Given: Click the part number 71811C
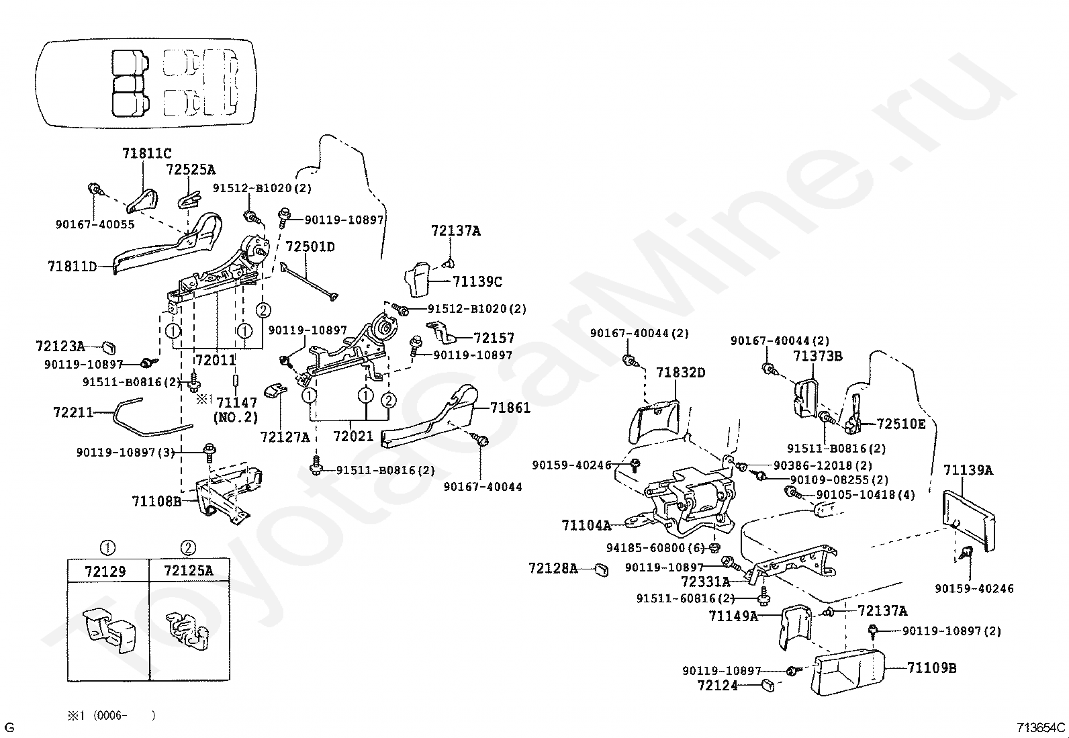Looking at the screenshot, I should click(146, 154).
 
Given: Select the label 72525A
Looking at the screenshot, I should click(191, 169).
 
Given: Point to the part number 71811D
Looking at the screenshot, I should click(72, 267).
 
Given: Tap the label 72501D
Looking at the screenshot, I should click(310, 246).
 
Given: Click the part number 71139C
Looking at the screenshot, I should click(477, 282).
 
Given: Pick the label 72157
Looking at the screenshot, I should click(494, 338).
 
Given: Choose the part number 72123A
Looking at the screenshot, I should click(60, 347).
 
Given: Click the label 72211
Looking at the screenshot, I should click(73, 412).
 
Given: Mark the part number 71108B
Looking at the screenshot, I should click(156, 501).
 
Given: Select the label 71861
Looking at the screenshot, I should click(510, 408).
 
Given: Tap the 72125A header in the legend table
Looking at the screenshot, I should click(189, 571).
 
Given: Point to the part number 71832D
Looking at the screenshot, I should click(680, 373).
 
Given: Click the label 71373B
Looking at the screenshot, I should click(817, 356).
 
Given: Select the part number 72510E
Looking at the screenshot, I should click(900, 424).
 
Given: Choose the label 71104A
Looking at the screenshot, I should click(586, 525).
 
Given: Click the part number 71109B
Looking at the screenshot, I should click(931, 668).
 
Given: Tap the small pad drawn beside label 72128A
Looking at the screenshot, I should click(602, 571).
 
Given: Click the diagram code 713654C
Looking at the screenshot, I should click(1041, 727).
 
